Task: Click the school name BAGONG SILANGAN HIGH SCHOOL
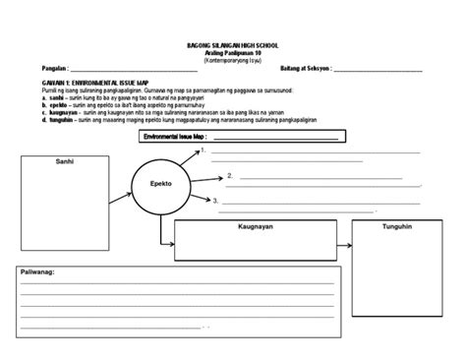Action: [232, 45]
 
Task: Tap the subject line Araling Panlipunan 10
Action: [232, 53]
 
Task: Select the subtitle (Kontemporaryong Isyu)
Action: [232, 60]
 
